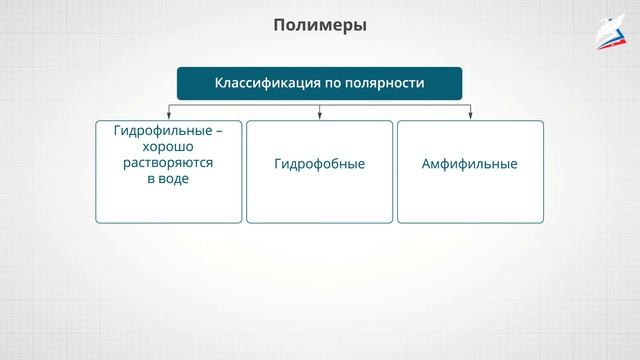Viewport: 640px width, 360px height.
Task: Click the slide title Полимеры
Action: coord(320,25)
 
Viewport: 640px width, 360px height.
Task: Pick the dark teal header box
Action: coord(320,84)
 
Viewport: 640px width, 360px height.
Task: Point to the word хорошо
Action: coord(168,147)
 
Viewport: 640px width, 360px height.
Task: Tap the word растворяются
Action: coord(168,163)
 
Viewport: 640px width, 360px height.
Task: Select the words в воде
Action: coord(168,179)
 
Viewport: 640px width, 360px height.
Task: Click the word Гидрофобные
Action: coord(319,164)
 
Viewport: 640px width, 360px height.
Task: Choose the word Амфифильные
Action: coord(470,164)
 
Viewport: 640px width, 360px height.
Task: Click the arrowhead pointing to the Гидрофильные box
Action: coord(168,117)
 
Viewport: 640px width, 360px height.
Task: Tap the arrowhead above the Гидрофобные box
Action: coord(320,117)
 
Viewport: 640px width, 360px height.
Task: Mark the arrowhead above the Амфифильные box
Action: coord(470,117)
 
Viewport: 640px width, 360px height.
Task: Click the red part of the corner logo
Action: coord(609,41)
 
